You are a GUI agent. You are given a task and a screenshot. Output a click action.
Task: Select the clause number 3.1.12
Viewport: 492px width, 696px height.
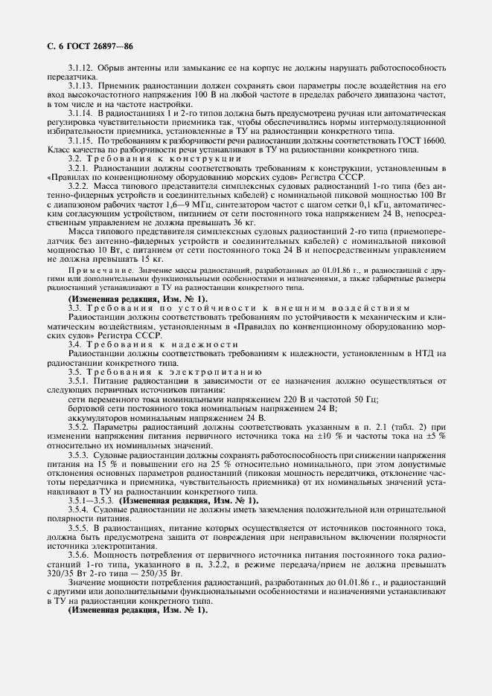(x=80, y=68)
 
